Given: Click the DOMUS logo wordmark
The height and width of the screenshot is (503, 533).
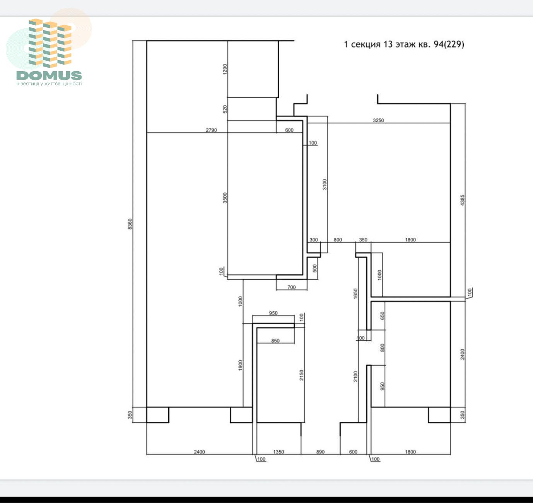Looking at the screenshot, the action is [49, 75].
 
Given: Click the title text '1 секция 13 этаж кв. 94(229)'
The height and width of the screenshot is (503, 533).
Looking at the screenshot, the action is [404, 44].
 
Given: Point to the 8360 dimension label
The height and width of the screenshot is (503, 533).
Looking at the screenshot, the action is [130, 224].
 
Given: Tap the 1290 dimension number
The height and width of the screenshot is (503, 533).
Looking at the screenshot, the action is [225, 69].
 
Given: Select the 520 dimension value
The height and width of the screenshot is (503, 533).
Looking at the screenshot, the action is [225, 109].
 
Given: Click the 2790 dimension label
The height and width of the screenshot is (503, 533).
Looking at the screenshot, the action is [211, 130].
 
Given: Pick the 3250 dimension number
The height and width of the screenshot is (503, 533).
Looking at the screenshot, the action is [378, 120].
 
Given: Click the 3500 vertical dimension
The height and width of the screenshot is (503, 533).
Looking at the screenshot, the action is [225, 198].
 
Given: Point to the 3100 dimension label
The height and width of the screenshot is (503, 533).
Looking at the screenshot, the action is [325, 185].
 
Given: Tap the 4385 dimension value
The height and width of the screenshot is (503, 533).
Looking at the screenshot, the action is [463, 200].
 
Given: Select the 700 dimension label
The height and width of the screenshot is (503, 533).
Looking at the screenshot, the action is [292, 287].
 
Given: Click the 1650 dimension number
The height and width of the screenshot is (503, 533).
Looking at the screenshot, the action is [355, 294].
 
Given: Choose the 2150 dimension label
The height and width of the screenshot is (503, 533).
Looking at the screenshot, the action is [302, 375].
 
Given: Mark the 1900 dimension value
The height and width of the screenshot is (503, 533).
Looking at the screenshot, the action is [241, 366].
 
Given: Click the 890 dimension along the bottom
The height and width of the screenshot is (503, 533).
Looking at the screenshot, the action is [320, 452].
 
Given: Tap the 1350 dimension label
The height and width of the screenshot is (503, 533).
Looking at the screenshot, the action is [278, 452].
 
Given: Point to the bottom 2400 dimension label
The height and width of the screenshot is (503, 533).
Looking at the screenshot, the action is [200, 452].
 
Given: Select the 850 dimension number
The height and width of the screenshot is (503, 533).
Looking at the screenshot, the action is [275, 341].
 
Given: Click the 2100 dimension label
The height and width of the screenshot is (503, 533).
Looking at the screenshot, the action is [355, 376].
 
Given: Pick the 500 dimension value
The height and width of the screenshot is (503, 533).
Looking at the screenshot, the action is [315, 268].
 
